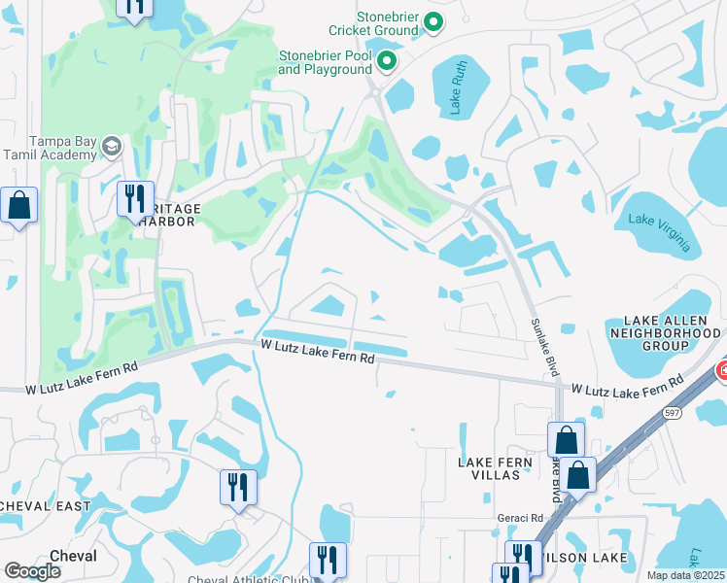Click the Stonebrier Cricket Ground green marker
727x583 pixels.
coord(434,21)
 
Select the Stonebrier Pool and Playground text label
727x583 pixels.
coord(325,62)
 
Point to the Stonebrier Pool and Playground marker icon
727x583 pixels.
coord(387,63)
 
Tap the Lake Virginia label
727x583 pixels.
coord(660,231)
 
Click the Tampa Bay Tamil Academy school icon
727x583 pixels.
coord(112,146)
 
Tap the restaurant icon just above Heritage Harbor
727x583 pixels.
coord(134,198)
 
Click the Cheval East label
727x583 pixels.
coord(44,506)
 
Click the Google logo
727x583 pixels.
coord(32,571)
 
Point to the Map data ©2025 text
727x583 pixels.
coord(685,575)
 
